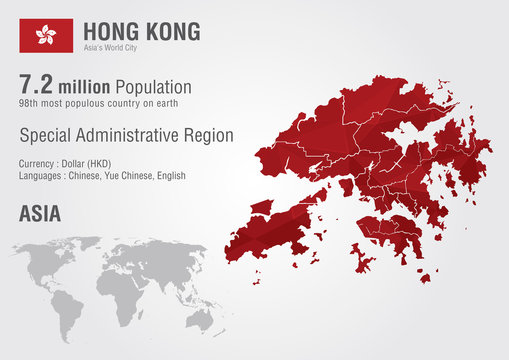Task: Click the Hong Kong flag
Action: pos(45,35)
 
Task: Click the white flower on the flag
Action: pos(45,35)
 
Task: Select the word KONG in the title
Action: pos(171,31)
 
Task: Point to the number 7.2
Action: pos(37,85)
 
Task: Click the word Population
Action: pos(155,87)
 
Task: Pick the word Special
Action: pos(44,135)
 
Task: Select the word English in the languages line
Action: pos(170,175)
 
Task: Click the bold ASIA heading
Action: pos(39,213)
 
